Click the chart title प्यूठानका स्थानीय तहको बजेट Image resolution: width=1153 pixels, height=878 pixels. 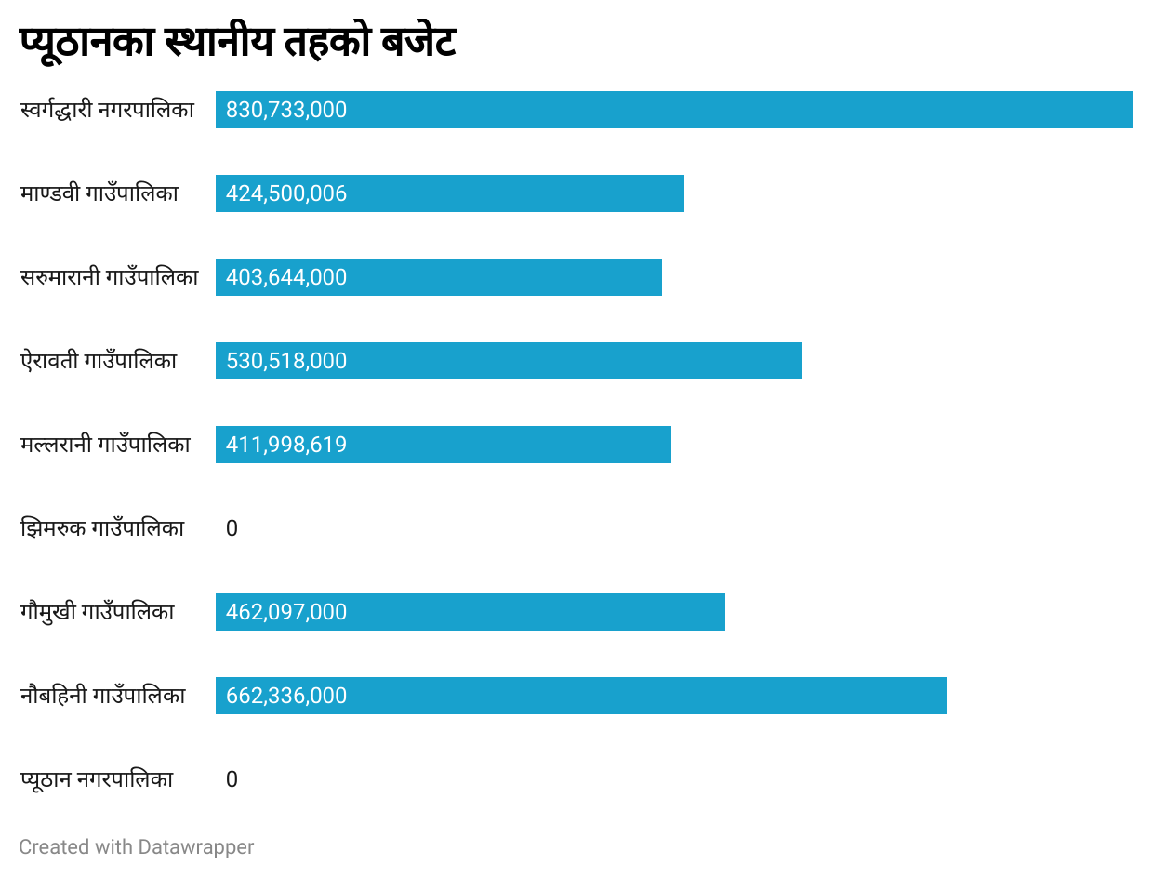[237, 43]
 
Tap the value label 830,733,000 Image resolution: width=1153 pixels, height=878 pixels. [286, 110]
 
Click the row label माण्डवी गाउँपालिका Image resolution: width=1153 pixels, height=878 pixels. [99, 193]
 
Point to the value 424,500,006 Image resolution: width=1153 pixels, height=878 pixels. [286, 193]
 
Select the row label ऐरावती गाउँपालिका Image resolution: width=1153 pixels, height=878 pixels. [99, 361]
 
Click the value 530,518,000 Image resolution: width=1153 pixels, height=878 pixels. [286, 361]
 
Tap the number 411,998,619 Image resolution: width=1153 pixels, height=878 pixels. [286, 445]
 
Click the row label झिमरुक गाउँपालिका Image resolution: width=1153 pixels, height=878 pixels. [102, 528]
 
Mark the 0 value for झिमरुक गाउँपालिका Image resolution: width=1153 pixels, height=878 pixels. [232, 528]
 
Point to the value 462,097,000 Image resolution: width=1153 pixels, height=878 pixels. [286, 612]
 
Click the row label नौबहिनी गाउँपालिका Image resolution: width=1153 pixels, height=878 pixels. [102, 696]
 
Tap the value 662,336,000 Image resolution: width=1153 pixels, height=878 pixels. [286, 696]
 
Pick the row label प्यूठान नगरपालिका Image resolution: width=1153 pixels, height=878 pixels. [97, 779]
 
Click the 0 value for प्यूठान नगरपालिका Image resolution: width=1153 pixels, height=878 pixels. [232, 779]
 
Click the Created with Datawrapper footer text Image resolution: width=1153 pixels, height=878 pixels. [137, 847]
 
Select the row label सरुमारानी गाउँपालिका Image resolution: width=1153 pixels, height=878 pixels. [109, 277]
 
